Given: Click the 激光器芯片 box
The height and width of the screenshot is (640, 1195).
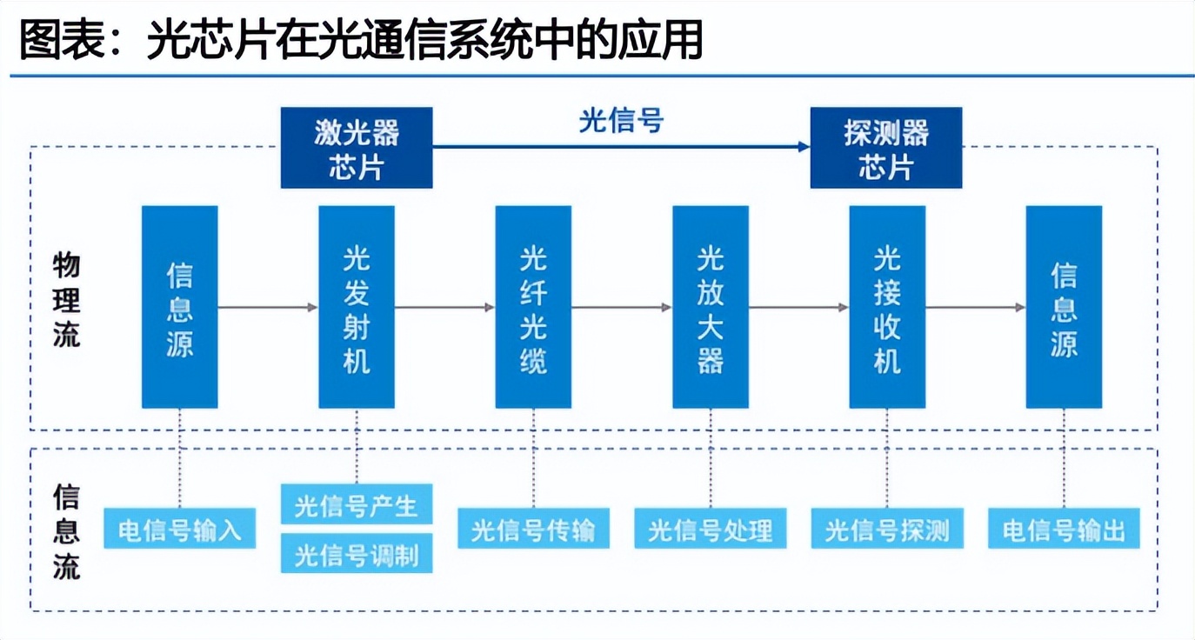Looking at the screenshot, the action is coord(357,148).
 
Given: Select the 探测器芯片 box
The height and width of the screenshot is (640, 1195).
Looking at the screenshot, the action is coord(886,148).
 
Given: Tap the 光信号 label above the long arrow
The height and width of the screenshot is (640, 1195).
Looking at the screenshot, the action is coord(622,121).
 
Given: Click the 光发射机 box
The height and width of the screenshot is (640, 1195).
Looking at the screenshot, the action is coord(357,307).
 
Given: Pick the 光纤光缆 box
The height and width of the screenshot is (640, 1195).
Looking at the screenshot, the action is coord(533,307).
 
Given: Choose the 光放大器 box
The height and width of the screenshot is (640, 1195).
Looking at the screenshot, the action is coord(711,307).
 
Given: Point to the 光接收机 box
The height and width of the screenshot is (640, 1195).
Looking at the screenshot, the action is coord(887,307).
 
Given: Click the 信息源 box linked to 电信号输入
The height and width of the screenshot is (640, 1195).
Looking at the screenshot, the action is coord(180,307).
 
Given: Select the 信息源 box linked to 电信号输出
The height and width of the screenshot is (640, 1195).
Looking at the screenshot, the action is coord(1065,307).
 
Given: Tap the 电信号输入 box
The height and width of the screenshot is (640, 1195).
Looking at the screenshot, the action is coord(180,529).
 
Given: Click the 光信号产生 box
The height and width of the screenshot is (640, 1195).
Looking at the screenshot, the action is coord(357,504).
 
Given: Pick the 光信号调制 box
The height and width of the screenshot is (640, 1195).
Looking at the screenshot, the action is coord(357,553).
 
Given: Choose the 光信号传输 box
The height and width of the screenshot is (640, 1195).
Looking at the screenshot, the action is coord(533,529).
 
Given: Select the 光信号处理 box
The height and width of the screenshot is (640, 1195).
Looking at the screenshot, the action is coord(711,529).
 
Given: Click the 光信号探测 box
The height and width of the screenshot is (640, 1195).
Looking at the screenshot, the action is coord(887,529).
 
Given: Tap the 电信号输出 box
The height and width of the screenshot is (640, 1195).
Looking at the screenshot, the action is coord(1065,529).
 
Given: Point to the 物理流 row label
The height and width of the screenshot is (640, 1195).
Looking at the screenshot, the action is coord(67,301).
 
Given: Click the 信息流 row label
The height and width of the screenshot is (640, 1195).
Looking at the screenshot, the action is coord(67,531).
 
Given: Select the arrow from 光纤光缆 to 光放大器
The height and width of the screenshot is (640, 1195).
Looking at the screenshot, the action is coord(622,307).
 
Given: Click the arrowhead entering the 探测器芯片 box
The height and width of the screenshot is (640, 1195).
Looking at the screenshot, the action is coord(804,147).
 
